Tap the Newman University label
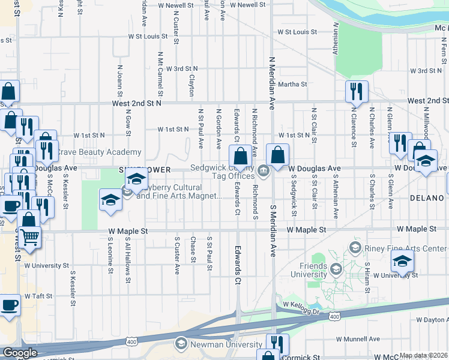(226, 344)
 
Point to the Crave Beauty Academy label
(99, 152)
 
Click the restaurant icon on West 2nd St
(357, 91)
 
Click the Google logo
(20, 353)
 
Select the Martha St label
(292, 85)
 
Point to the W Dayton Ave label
(430, 320)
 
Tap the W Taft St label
(40, 296)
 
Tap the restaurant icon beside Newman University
(277, 344)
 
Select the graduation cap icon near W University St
(402, 261)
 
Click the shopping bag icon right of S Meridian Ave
(277, 154)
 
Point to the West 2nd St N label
(137, 104)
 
